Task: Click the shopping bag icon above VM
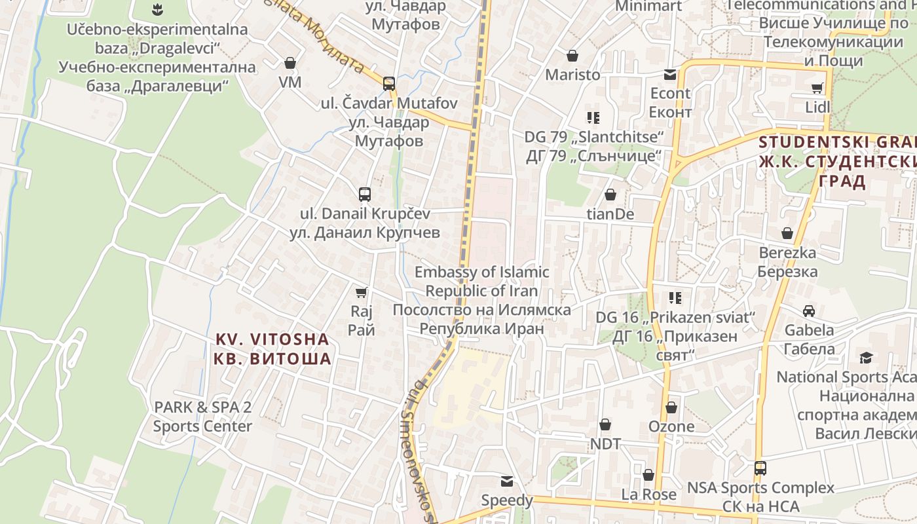point(290,63)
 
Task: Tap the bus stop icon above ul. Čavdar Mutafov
point(388,83)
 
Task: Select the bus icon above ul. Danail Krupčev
point(365,194)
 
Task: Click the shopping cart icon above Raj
point(361,292)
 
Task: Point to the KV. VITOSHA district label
point(272,348)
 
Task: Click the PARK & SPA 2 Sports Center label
point(202,417)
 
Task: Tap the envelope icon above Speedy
point(507,481)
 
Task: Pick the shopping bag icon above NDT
point(605,424)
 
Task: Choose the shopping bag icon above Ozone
point(671,407)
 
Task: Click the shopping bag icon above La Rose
point(648,475)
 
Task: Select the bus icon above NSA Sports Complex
point(760,468)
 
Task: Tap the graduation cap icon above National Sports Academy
point(866,358)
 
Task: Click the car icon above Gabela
point(809,310)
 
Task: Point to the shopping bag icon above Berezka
point(787,233)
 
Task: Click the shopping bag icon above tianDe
point(610,195)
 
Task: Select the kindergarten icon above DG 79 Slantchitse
point(593,118)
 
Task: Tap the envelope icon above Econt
point(670,74)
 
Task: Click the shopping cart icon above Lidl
point(817,88)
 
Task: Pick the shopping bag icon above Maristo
point(572,56)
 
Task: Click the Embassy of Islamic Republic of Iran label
point(481,300)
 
